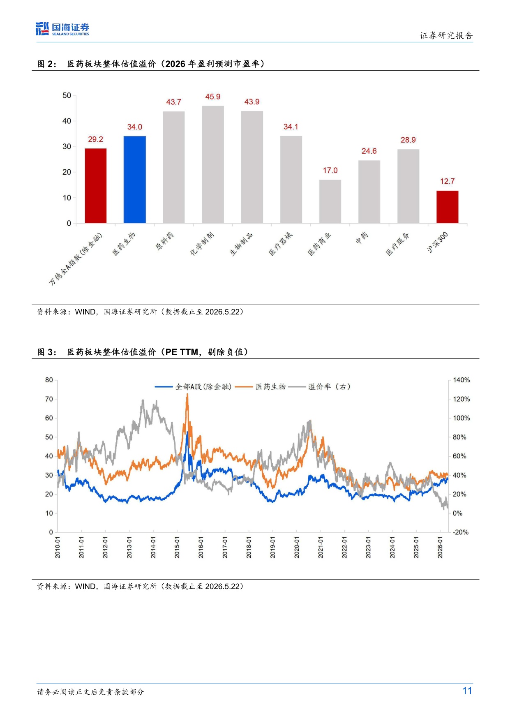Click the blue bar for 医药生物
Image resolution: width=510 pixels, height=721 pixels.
pyautogui.click(x=135, y=180)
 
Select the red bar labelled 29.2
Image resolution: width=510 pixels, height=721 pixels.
pyautogui.click(x=96, y=186)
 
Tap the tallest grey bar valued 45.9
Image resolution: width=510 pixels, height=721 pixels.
pyautogui.click(x=213, y=164)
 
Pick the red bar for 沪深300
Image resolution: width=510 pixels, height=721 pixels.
pyautogui.click(x=448, y=207)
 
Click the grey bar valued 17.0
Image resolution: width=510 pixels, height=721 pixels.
pyautogui.click(x=330, y=201)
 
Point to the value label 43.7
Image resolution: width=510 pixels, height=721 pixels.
pyautogui.click(x=173, y=102)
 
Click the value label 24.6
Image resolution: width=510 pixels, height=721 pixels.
pyautogui.click(x=369, y=151)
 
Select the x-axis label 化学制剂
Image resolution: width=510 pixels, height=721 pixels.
pyautogui.click(x=202, y=243)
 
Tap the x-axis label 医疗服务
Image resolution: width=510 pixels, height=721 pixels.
pyautogui.click(x=397, y=243)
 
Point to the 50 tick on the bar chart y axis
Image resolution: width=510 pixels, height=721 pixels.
pyautogui.click(x=67, y=95)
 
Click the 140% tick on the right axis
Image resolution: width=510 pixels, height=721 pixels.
pyautogui.click(x=461, y=380)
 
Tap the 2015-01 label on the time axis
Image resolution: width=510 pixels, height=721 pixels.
pyautogui.click(x=177, y=547)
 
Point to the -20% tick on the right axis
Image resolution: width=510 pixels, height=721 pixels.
pyautogui.click(x=461, y=532)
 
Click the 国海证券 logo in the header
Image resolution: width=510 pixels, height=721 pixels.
pyautogui.click(x=62, y=29)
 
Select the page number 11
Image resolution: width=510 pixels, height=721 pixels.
pyautogui.click(x=467, y=691)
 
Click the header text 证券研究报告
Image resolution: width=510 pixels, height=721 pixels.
pyautogui.click(x=446, y=36)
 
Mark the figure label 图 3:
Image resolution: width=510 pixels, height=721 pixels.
pyautogui.click(x=47, y=352)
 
